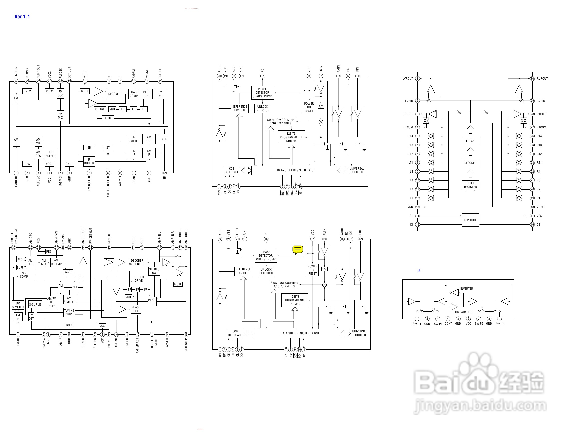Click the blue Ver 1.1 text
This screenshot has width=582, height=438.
22,16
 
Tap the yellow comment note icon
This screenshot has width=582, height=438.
298,249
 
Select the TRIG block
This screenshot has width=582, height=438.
108,118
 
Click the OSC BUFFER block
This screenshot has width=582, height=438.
50,154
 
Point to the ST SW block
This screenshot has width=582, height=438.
100,109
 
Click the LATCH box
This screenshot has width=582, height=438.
470,141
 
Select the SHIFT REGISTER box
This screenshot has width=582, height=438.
470,185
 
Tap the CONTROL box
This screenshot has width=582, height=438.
470,220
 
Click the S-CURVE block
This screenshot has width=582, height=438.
35,304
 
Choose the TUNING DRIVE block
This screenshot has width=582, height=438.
69,312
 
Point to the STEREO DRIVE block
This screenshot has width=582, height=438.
139,279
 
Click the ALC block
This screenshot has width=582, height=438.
20,259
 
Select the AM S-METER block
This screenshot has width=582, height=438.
69,300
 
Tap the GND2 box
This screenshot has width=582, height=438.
27,91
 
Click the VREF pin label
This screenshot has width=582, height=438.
540,207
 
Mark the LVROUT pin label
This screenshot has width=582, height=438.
407,78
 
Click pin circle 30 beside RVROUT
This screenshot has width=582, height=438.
532,78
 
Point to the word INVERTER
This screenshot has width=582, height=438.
466,289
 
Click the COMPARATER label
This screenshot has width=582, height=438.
462,312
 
